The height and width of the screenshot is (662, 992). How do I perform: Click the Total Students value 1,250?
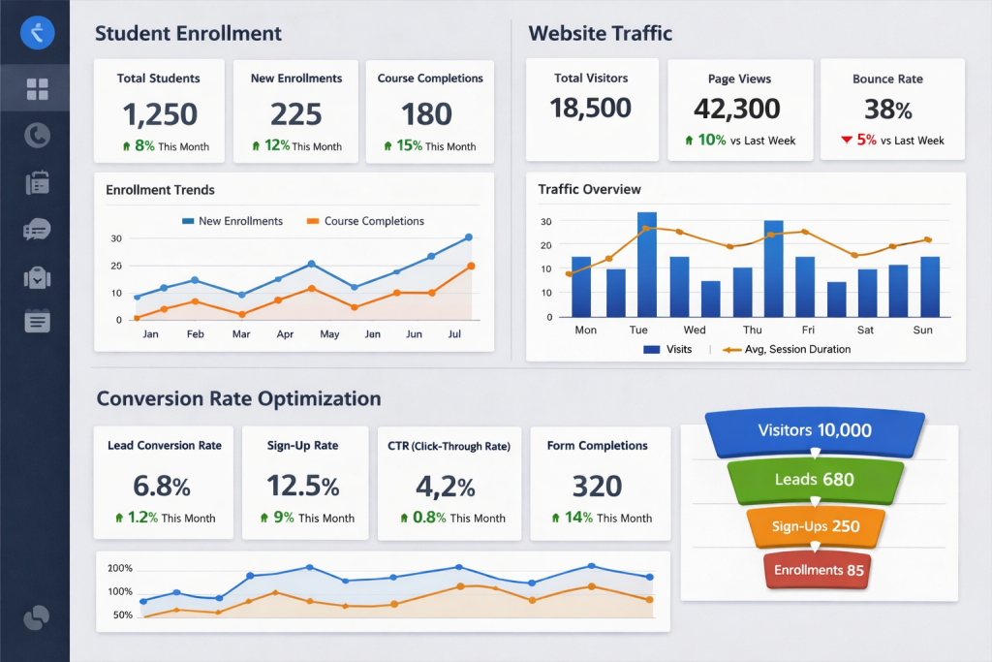pyautogui.click(x=160, y=114)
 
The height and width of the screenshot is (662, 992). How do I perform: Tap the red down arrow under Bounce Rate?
pyautogui.click(x=847, y=141)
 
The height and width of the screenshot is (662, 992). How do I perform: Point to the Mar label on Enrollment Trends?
pyautogui.click(x=241, y=334)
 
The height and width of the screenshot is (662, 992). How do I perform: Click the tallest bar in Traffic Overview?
pyautogui.click(x=647, y=265)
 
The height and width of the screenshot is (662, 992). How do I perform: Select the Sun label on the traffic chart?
pyautogui.click(x=923, y=330)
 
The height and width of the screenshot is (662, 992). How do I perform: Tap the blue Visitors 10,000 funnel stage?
pyautogui.click(x=815, y=431)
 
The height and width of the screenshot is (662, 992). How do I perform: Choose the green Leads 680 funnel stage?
pyautogui.click(x=815, y=479)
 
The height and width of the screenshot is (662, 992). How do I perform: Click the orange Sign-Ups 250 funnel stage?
pyautogui.click(x=815, y=525)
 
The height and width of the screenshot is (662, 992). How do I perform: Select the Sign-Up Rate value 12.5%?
pyautogui.click(x=304, y=485)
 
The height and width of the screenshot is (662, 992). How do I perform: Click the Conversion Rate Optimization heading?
pyautogui.click(x=238, y=398)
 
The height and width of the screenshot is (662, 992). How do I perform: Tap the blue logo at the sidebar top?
pyautogui.click(x=37, y=34)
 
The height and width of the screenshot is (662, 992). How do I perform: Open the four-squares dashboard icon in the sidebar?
pyautogui.click(x=37, y=90)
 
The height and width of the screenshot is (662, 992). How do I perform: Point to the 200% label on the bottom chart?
pyautogui.click(x=120, y=568)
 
